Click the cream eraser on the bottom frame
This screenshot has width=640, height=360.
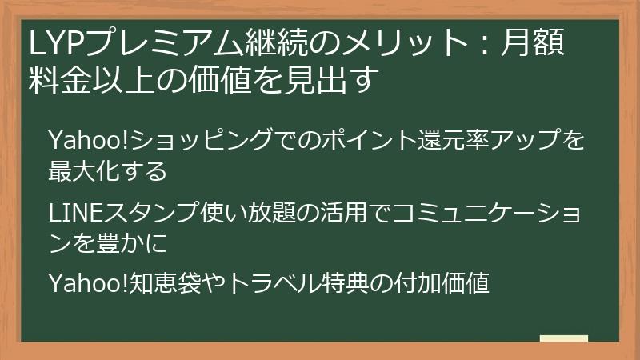[x=563, y=339]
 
